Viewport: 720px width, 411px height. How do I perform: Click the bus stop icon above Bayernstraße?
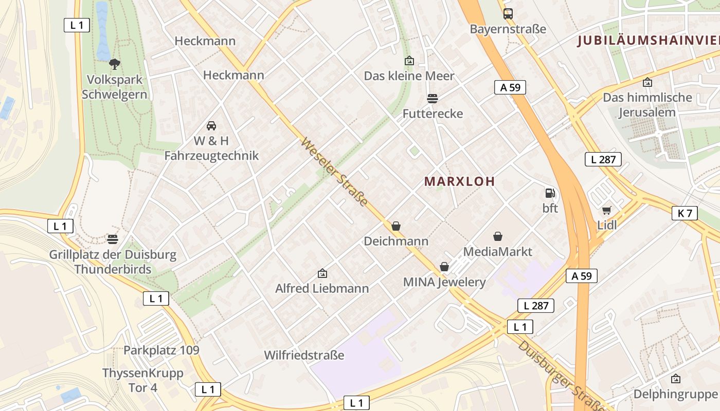pyautogui.click(x=508, y=14)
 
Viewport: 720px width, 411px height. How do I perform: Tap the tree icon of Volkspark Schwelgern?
pyautogui.click(x=115, y=64)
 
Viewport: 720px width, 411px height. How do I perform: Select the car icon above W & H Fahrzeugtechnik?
pyautogui.click(x=211, y=125)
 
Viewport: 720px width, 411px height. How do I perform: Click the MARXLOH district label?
pyautogui.click(x=460, y=181)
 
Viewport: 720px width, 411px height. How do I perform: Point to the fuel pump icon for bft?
pyautogui.click(x=550, y=193)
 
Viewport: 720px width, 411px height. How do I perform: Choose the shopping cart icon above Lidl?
pyautogui.click(x=607, y=210)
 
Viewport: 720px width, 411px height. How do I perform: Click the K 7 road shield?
pyautogui.click(x=685, y=213)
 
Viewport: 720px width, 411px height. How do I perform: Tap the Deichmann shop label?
pyautogui.click(x=396, y=241)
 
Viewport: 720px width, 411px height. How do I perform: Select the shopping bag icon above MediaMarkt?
pyautogui.click(x=497, y=236)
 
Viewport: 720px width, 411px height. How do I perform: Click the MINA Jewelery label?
pyautogui.click(x=444, y=282)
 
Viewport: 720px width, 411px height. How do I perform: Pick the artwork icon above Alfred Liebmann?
pyautogui.click(x=322, y=273)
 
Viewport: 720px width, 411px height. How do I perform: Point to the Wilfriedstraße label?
pyautogui.click(x=304, y=355)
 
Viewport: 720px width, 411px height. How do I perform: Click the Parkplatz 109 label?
pyautogui.click(x=161, y=350)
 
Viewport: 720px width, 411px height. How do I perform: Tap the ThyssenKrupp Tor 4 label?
pyautogui.click(x=143, y=380)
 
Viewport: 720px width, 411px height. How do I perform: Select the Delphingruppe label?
pyautogui.click(x=675, y=394)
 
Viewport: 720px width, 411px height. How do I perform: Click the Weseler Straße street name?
pyautogui.click(x=335, y=172)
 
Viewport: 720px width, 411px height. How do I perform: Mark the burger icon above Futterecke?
pyautogui.click(x=433, y=98)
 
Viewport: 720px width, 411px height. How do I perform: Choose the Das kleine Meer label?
pyautogui.click(x=409, y=76)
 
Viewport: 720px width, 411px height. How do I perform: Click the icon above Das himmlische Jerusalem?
pyautogui.click(x=647, y=82)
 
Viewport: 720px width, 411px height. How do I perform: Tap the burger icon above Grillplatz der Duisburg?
pyautogui.click(x=113, y=239)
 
